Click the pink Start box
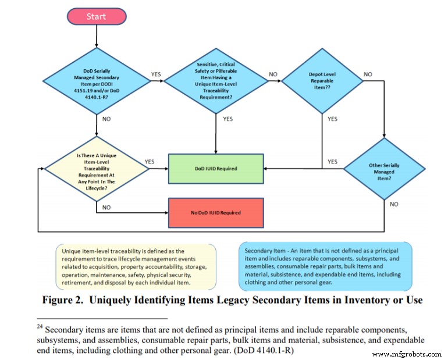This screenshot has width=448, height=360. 96,16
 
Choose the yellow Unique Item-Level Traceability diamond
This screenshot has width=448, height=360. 96,169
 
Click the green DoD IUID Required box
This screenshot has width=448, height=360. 216,169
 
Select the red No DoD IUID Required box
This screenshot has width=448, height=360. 216,212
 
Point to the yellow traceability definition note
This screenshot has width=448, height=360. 136,266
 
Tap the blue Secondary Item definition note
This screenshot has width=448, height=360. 325,266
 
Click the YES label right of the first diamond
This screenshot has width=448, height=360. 156,74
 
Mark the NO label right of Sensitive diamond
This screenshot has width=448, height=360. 273,74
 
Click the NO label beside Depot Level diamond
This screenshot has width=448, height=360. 368,74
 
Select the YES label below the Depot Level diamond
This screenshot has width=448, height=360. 332,119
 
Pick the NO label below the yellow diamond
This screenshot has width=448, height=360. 106,206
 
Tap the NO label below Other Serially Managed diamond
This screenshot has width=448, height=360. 394,204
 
